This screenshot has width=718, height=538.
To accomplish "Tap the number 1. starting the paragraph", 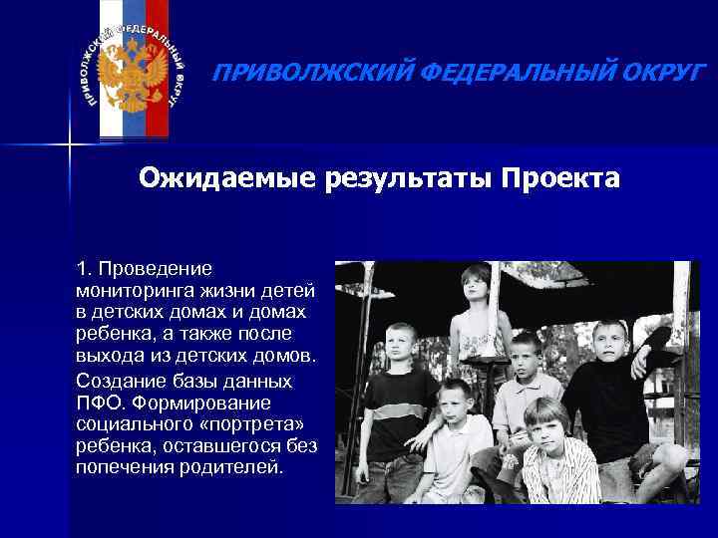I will (84, 270).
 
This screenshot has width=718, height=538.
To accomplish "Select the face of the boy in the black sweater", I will (609, 338).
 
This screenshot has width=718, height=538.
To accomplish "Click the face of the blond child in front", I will (546, 423).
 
